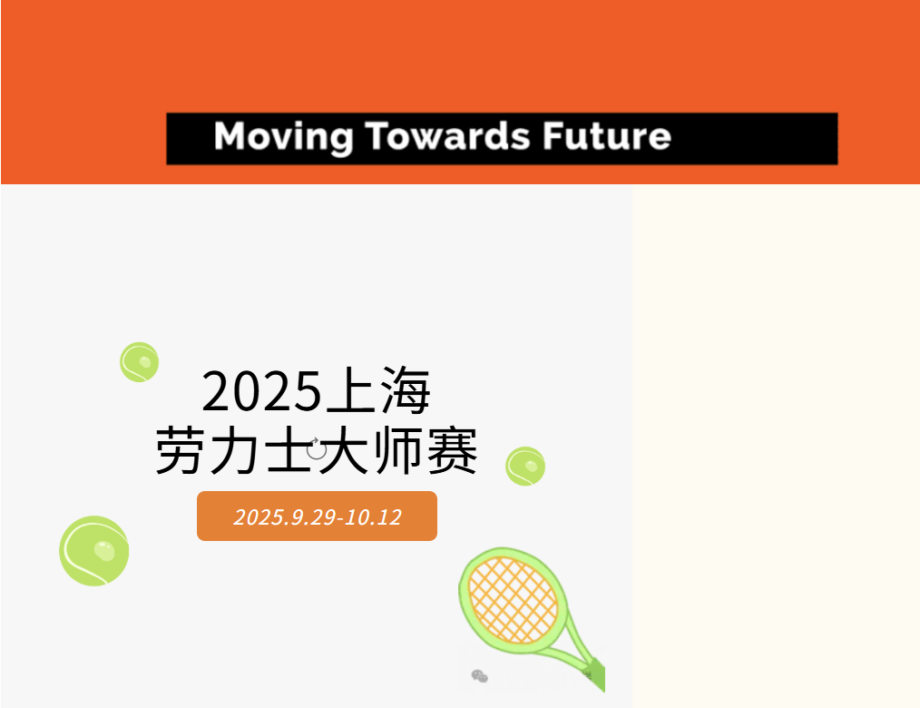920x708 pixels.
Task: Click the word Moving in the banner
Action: [283, 137]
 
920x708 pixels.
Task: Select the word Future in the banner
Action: [607, 137]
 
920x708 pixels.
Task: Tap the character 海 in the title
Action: [405, 391]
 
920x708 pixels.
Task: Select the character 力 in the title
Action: [233, 450]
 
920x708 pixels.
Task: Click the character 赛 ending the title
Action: [451, 450]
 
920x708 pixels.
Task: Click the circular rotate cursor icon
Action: [316, 447]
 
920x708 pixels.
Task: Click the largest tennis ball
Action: [94, 551]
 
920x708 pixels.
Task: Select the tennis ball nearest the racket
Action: [524, 467]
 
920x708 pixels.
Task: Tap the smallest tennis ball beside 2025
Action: [140, 361]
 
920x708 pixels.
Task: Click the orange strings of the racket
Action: [513, 599]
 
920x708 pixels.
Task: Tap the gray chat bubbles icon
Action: [479, 675]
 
